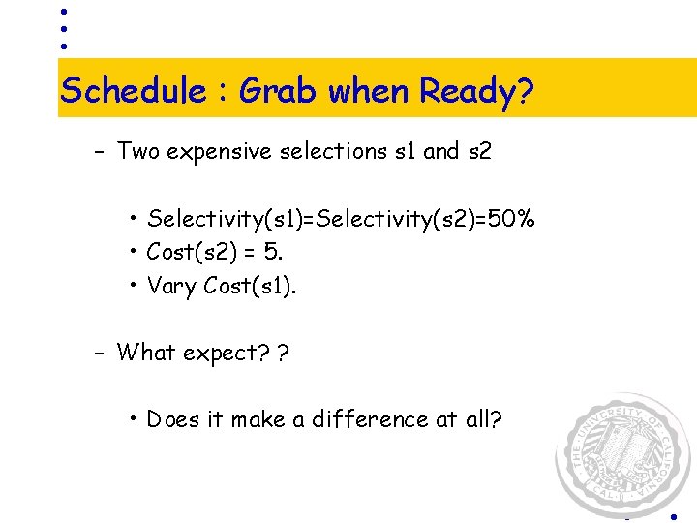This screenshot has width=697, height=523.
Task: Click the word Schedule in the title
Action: tap(133, 91)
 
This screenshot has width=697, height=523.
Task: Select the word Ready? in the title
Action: tap(476, 91)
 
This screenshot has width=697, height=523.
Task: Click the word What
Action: tap(146, 353)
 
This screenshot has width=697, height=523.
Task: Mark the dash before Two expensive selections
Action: tap(99, 152)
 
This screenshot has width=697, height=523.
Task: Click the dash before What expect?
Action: tap(99, 353)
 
